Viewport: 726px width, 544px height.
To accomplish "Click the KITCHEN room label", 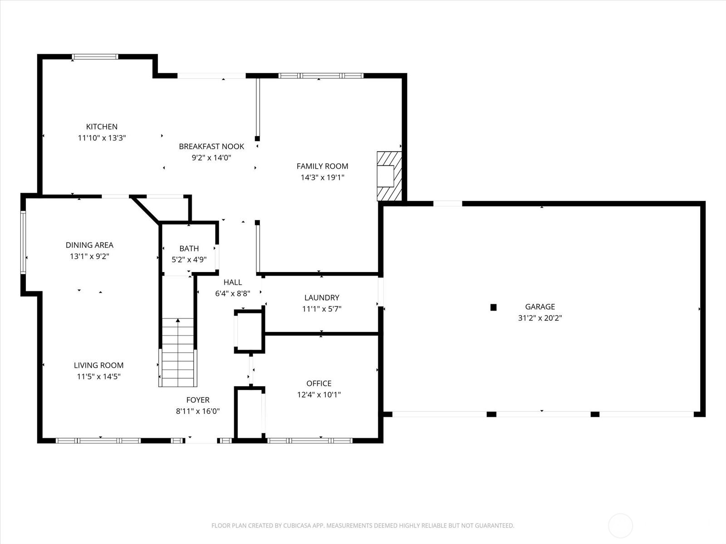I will (102, 126).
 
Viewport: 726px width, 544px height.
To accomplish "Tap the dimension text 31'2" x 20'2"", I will (540, 318).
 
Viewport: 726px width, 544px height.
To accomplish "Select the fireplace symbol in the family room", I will (389, 176).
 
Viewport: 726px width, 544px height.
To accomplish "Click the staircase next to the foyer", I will (178, 353).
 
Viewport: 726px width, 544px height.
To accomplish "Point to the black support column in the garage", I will (493, 307).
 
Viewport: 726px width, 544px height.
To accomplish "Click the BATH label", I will (189, 248).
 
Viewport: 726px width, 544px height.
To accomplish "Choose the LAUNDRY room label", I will (321, 297).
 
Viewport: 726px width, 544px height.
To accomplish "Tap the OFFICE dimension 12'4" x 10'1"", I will (319, 394).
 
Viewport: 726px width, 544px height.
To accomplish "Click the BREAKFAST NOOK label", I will (211, 146).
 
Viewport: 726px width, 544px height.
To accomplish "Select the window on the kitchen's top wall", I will (95, 57).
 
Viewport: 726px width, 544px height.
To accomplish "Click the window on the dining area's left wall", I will (23, 242).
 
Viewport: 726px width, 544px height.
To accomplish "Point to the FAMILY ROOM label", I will (322, 166).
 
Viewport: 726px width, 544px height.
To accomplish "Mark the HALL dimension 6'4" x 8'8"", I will (232, 293).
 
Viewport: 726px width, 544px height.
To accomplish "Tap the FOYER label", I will (198, 400).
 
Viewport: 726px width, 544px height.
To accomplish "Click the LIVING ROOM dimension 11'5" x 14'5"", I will (98, 376).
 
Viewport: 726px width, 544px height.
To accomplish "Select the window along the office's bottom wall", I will (310, 440).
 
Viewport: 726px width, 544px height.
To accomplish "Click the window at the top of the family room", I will (321, 76).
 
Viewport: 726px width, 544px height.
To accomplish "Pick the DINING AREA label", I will (89, 245).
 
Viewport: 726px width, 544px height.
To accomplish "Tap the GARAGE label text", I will (540, 306).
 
